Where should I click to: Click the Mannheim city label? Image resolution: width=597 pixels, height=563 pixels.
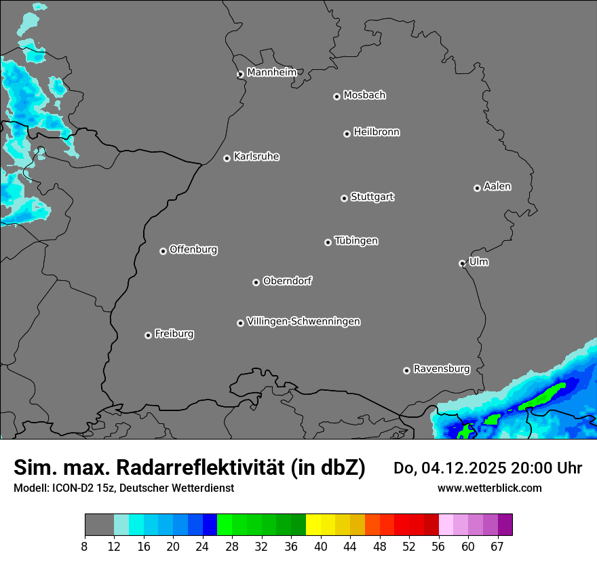pyautogui.click(x=271, y=73)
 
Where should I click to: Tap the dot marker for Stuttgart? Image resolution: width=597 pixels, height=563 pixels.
pyautogui.click(x=344, y=198)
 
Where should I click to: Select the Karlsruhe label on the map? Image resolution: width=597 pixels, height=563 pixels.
pyautogui.click(x=256, y=157)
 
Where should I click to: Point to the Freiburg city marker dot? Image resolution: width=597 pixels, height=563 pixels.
pyautogui.click(x=148, y=335)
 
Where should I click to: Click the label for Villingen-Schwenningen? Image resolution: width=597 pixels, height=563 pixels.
pyautogui.click(x=303, y=322)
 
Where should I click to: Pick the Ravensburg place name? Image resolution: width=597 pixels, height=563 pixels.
pyautogui.click(x=442, y=369)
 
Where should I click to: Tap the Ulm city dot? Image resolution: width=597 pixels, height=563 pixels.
pyautogui.click(x=462, y=263)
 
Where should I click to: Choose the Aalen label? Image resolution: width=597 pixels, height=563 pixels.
pyautogui.click(x=497, y=187)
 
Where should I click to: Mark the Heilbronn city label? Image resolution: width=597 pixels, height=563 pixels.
pyautogui.click(x=377, y=132)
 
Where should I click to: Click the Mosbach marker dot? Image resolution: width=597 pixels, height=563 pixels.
pyautogui.click(x=336, y=96)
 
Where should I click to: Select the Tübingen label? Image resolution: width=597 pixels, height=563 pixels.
pyautogui.click(x=356, y=241)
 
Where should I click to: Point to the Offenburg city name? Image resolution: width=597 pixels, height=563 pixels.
pyautogui.click(x=193, y=250)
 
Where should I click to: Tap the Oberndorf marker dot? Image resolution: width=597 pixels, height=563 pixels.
pyautogui.click(x=256, y=282)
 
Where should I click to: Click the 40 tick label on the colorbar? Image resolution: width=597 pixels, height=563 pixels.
pyautogui.click(x=321, y=547)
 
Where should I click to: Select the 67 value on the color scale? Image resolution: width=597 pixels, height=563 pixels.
pyautogui.click(x=497, y=547)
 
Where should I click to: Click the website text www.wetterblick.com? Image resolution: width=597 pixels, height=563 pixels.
pyautogui.click(x=489, y=488)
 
